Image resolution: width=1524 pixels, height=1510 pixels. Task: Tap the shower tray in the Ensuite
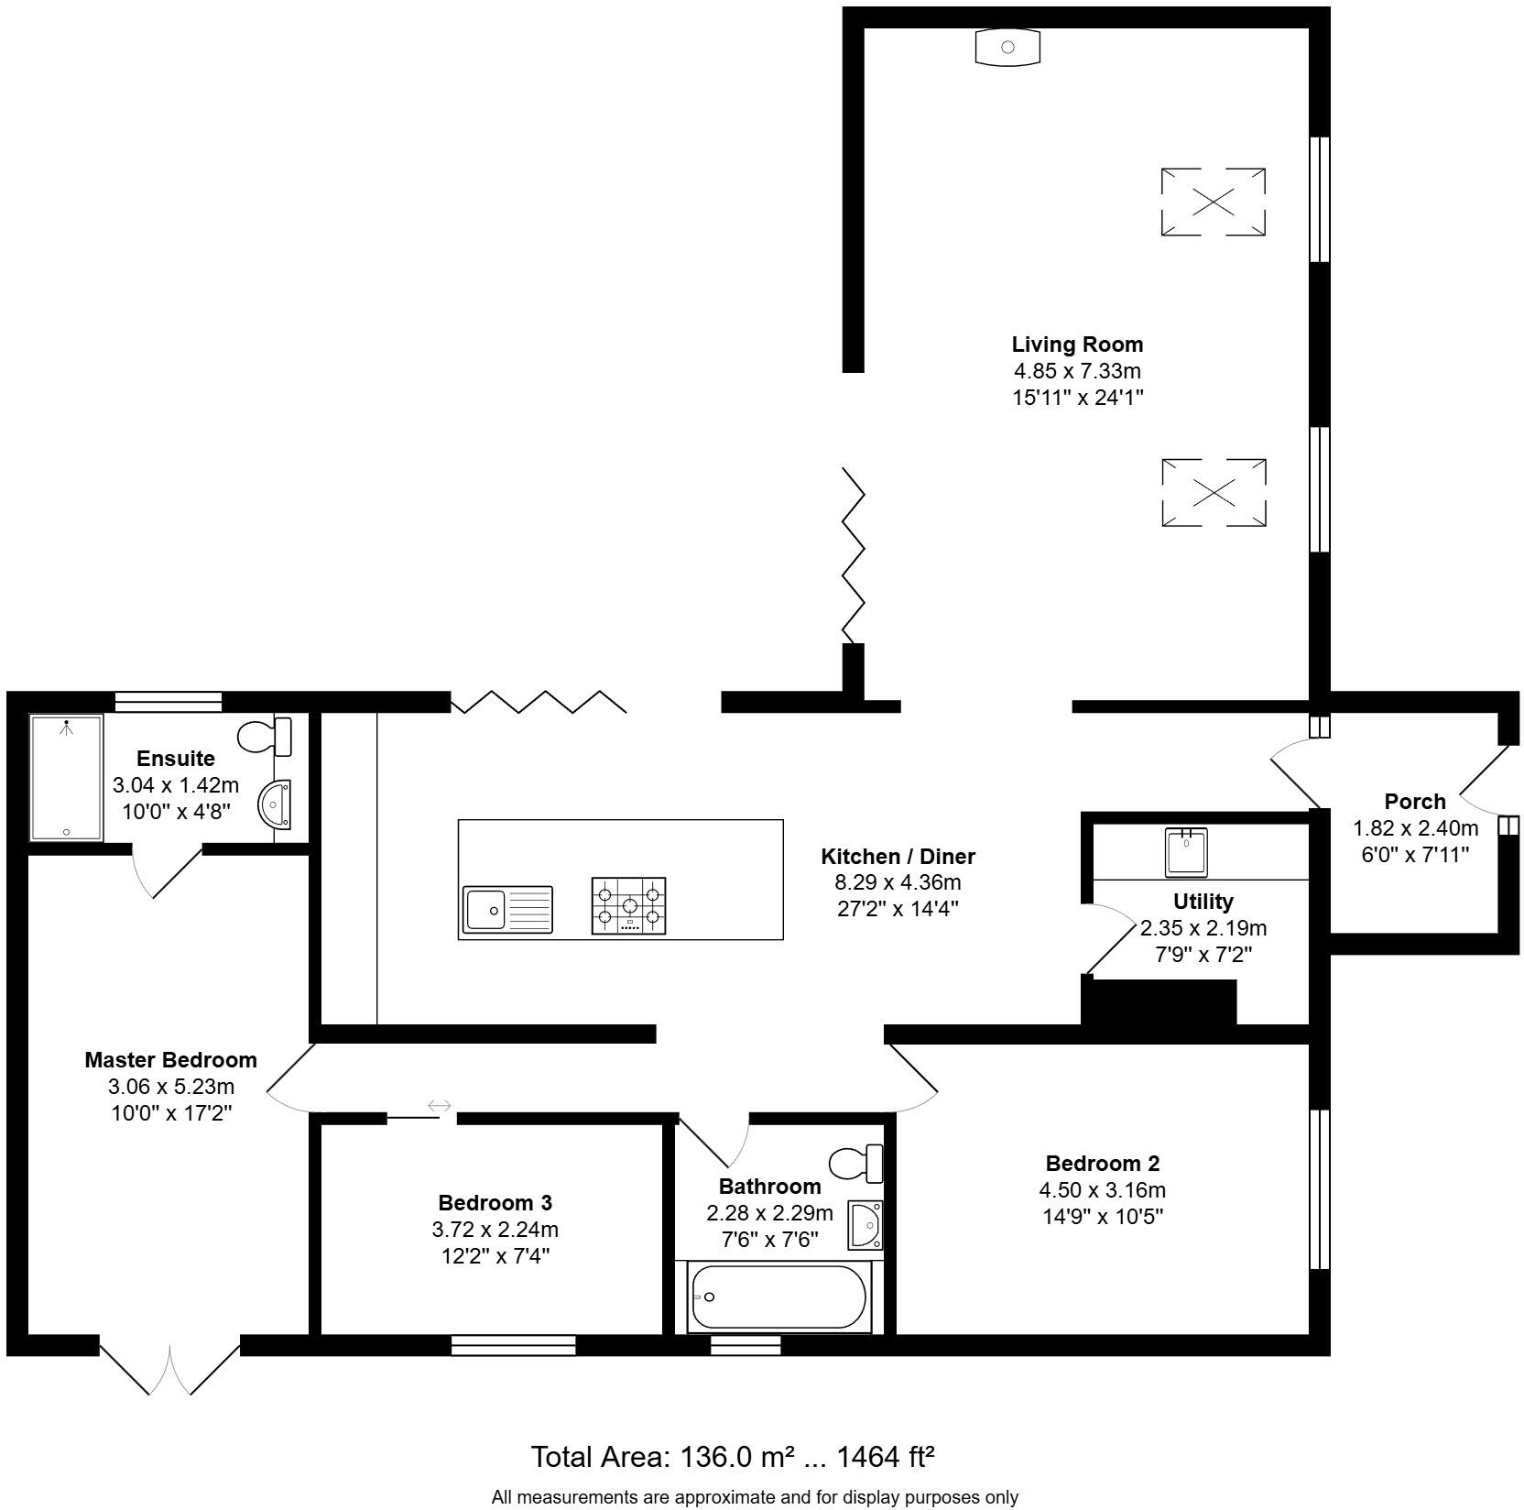coord(66,777)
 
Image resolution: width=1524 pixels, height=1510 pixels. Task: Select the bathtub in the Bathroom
coord(778,1297)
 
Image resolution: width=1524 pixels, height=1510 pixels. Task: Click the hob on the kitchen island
coord(629,905)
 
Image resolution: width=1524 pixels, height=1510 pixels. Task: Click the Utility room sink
coord(1186,851)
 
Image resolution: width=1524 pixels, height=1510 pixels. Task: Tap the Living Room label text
coord(1077,345)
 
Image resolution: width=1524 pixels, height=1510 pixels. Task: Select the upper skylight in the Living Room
coord(1214,202)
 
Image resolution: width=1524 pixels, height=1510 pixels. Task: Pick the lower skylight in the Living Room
coord(1214,493)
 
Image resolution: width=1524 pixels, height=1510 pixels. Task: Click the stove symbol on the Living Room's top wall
coord(1007,47)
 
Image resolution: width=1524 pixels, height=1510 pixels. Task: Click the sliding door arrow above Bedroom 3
coord(439,1106)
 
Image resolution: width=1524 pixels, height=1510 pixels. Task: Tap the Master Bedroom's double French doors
coord(170,1368)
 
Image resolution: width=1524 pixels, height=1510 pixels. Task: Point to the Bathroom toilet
coord(855,1164)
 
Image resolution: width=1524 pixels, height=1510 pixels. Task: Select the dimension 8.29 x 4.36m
coord(898,883)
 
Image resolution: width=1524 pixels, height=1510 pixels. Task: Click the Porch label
coord(1415,802)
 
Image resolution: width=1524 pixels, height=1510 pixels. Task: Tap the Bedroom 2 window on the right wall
coord(1318,1188)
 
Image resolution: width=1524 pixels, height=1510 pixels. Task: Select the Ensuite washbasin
coord(275,804)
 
